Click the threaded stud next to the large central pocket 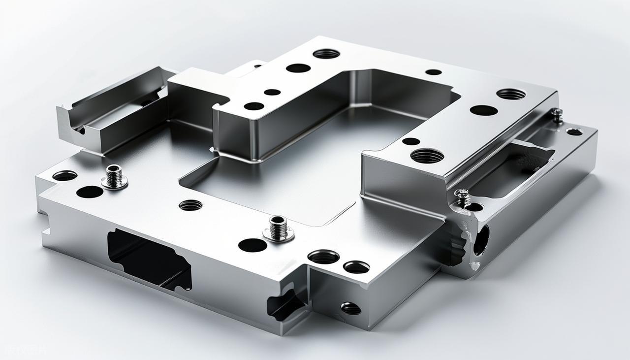[x=278, y=228]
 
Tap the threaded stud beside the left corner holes [x=115, y=176]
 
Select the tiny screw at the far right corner [x=557, y=115]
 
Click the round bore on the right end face [x=481, y=240]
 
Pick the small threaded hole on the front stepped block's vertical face [x=350, y=308]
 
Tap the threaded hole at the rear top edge [x=326, y=53]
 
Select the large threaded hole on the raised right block [x=427, y=156]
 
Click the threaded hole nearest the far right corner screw [x=511, y=94]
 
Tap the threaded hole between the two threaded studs [x=190, y=205]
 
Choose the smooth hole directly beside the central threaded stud [x=252, y=245]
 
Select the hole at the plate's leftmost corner [x=65, y=175]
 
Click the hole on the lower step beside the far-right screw [x=574, y=131]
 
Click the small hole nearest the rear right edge [x=433, y=72]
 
